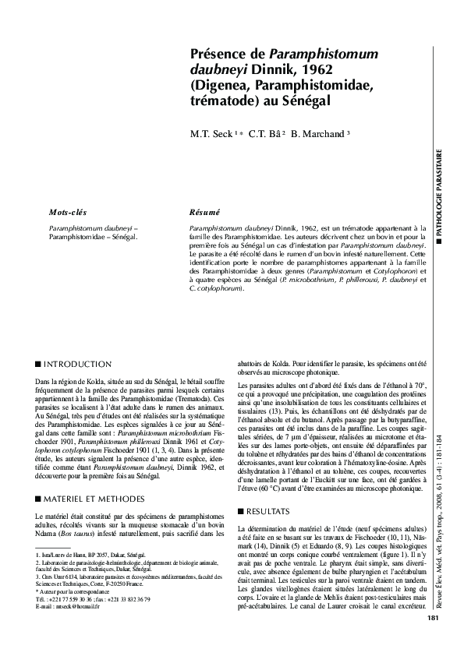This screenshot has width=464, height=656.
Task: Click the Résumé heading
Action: click(205, 212)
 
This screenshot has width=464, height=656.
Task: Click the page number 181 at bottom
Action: click(434, 640)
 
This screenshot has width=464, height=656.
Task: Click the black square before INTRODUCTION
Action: click(39, 364)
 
